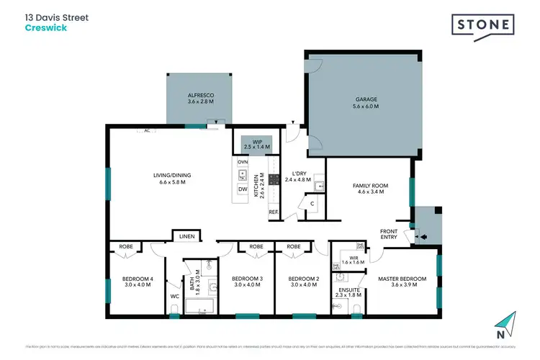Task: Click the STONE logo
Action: click(x=483, y=25)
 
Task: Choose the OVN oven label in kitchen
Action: click(x=243, y=162)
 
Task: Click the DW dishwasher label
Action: click(x=243, y=189)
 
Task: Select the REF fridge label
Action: click(x=274, y=212)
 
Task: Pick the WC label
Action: click(x=174, y=296)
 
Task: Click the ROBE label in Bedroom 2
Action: click(x=293, y=246)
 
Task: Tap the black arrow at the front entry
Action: click(x=423, y=236)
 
